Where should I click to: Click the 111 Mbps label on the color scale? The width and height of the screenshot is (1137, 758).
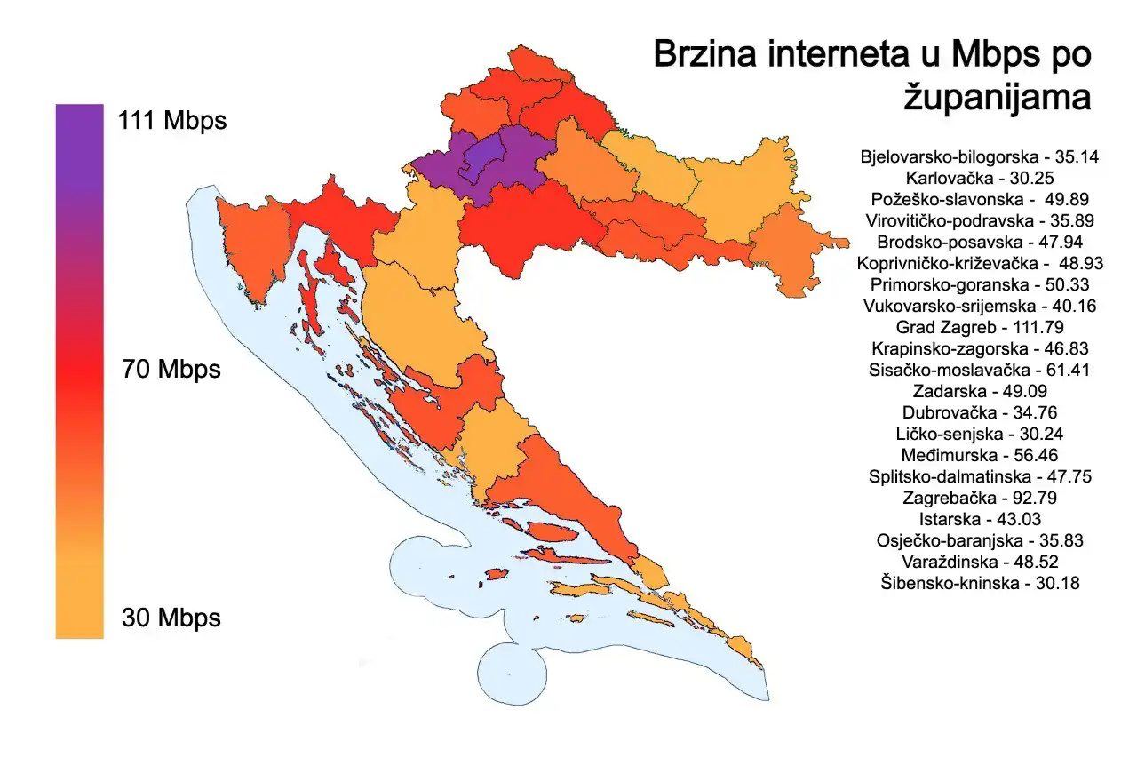171,120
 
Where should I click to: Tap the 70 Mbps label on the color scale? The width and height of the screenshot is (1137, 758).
171,368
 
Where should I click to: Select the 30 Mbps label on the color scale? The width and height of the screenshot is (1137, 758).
171,618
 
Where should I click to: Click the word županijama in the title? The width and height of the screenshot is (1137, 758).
997,97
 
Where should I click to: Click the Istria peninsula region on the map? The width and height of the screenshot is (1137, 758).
249,249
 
